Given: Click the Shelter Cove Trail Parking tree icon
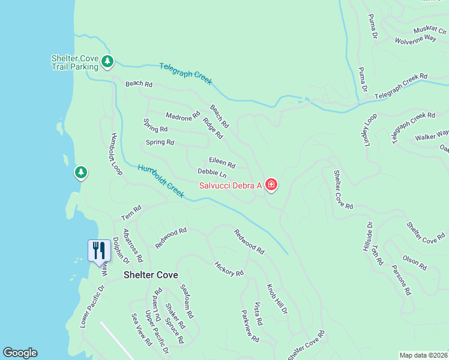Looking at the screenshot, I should [x=107, y=61].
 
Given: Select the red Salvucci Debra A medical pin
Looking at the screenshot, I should [x=271, y=185].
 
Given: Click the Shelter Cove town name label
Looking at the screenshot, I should [x=151, y=275].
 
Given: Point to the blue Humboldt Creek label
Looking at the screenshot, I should [x=160, y=181].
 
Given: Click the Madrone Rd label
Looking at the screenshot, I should [x=182, y=116].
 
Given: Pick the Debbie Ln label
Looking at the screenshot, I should [x=212, y=173].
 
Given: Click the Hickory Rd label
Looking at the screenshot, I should [x=229, y=268].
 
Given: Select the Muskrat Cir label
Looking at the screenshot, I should [x=430, y=30].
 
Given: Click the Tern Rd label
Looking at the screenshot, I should [x=131, y=212].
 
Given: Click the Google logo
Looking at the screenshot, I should [x=20, y=353].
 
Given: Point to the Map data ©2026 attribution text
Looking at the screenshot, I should [x=423, y=355].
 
